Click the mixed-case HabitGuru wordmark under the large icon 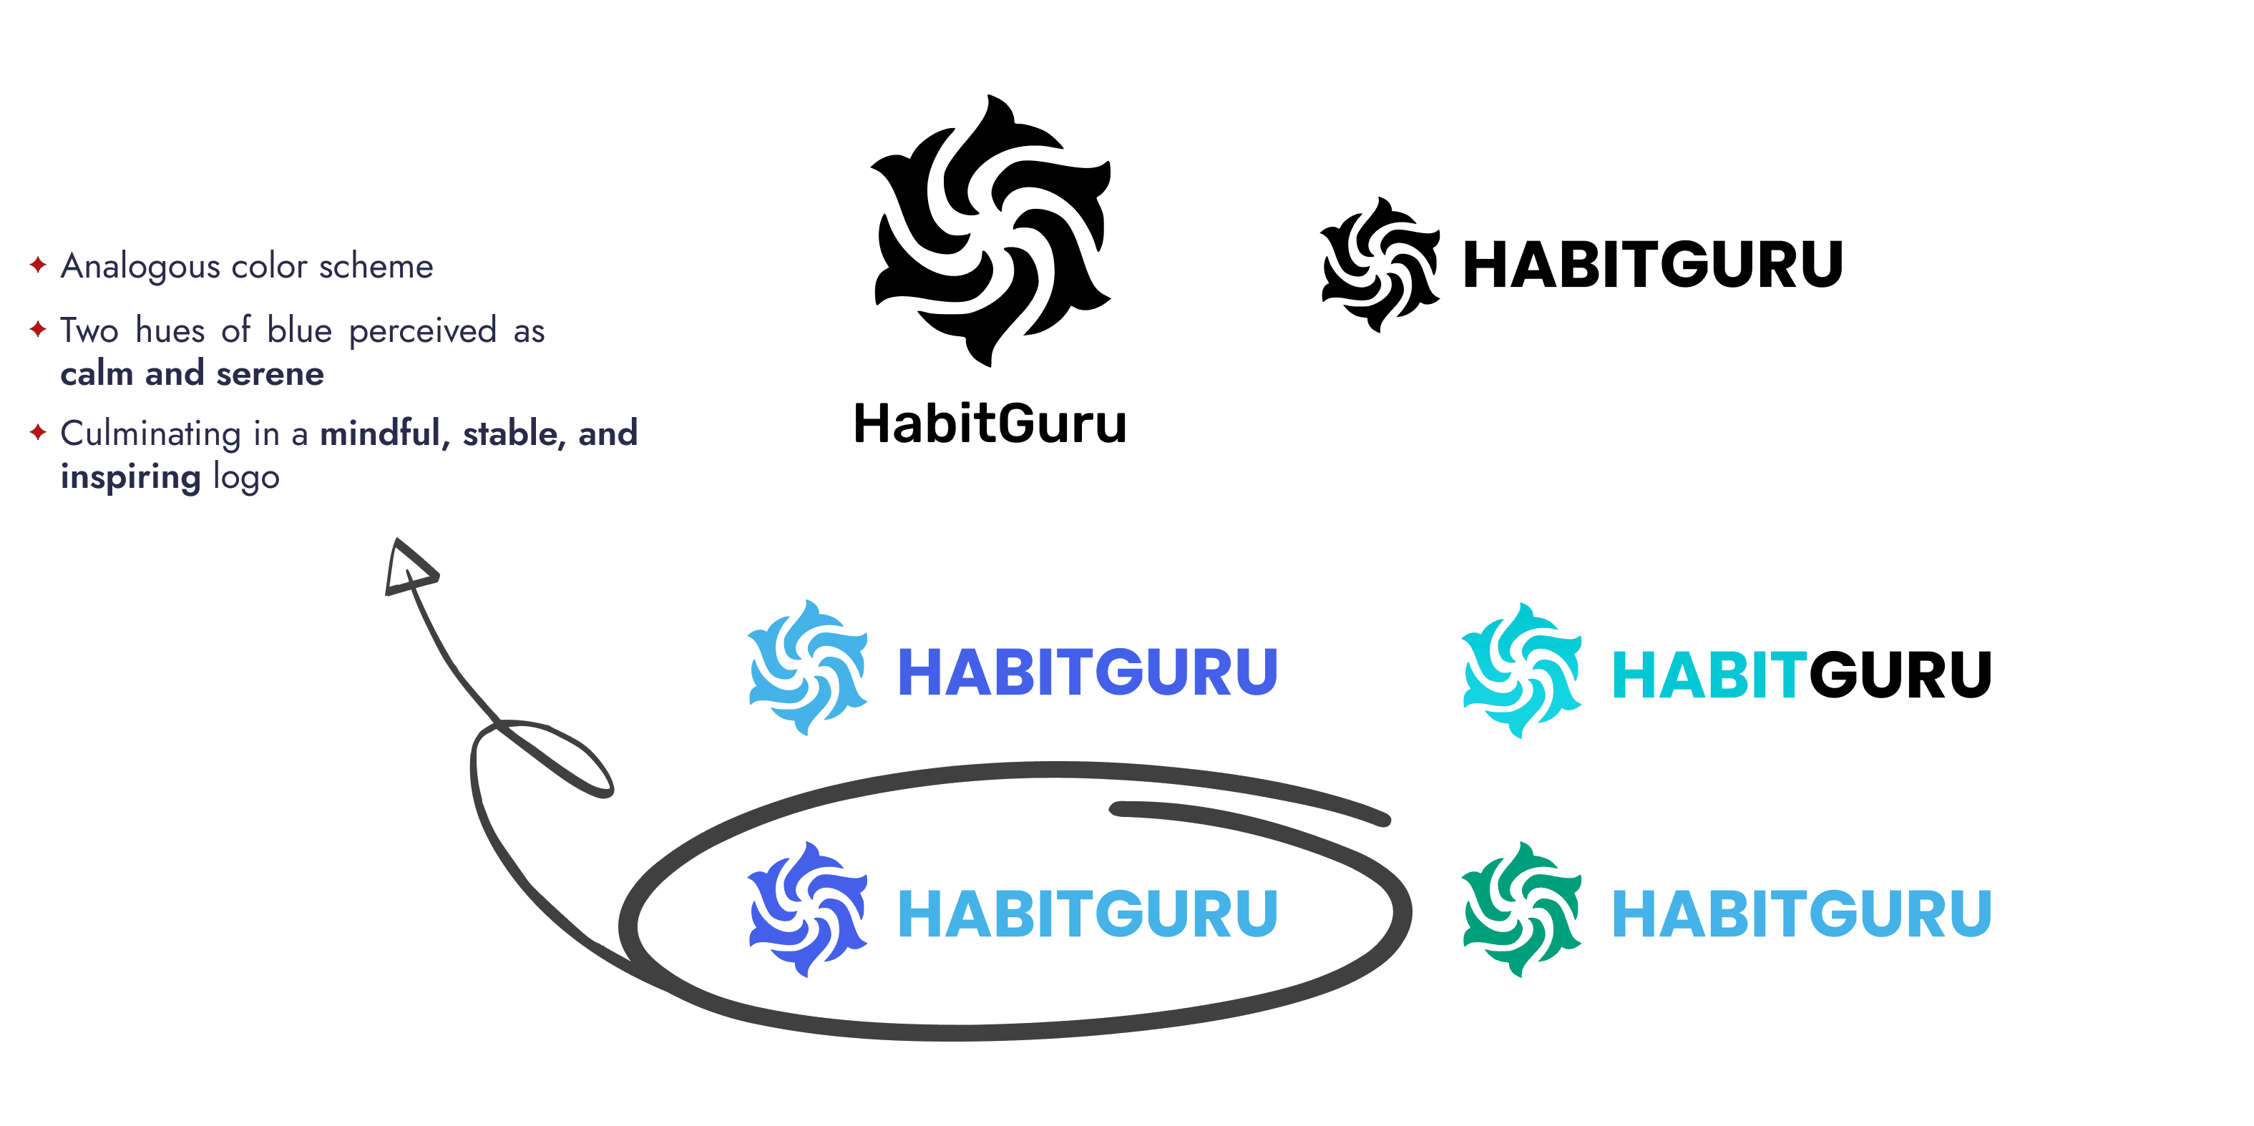coord(990,424)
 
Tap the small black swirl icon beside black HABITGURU coord(1380,264)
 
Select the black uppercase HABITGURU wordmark coord(1652,265)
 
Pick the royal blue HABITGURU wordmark coord(1088,672)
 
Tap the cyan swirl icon coord(1521,670)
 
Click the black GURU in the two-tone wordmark coord(1900,675)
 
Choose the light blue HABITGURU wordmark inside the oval coord(1088,914)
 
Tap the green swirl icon coord(1521,909)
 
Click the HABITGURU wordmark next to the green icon coord(1802,914)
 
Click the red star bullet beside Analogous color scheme coord(38,264)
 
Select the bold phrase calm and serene coord(192,374)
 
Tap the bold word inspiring coord(130,478)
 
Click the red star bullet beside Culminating coord(38,432)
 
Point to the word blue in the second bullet coord(299,331)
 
